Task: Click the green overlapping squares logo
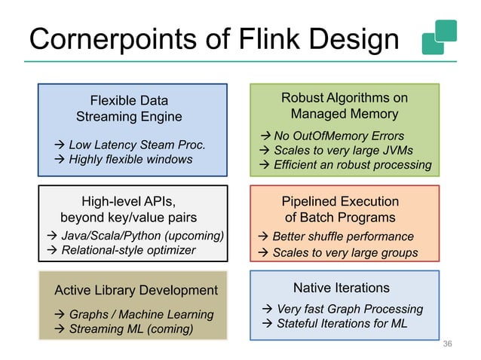pyautogui.click(x=440, y=37)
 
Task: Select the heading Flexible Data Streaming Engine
pyautogui.click(x=129, y=108)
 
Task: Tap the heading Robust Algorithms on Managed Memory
pyautogui.click(x=344, y=106)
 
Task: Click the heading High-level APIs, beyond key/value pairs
pyautogui.click(x=128, y=209)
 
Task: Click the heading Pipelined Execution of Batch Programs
pyautogui.click(x=339, y=209)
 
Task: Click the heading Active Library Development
pyautogui.click(x=136, y=290)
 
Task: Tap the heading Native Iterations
pyautogui.click(x=341, y=288)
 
